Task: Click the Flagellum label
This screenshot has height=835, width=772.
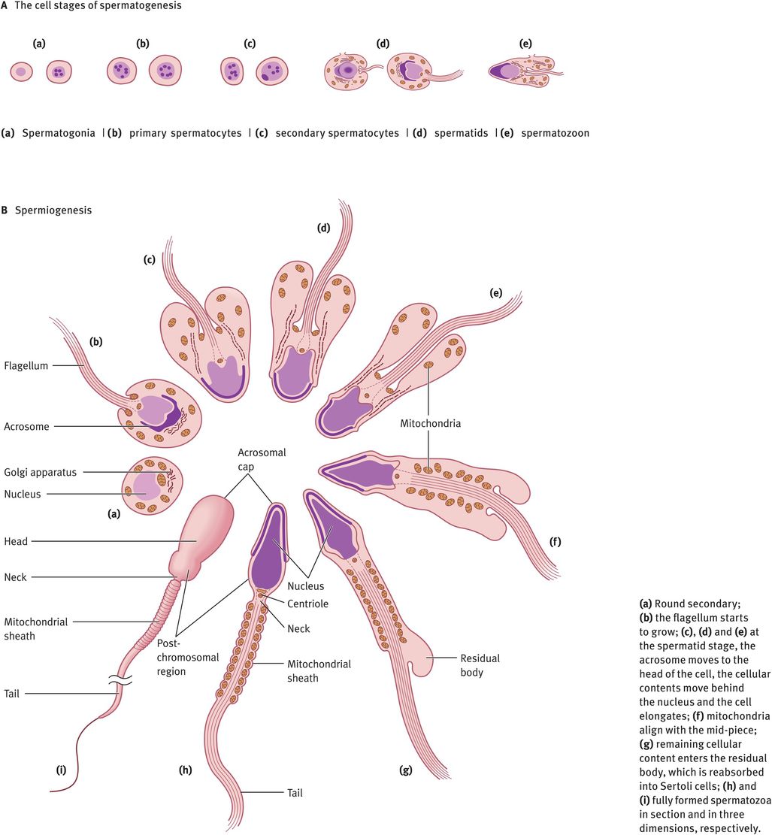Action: (x=26, y=367)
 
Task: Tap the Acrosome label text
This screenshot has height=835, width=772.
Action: (x=26, y=426)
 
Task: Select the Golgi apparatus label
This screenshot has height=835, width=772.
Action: (x=41, y=472)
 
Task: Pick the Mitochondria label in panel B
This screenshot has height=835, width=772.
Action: (x=430, y=423)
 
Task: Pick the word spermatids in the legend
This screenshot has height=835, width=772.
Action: (x=461, y=133)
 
